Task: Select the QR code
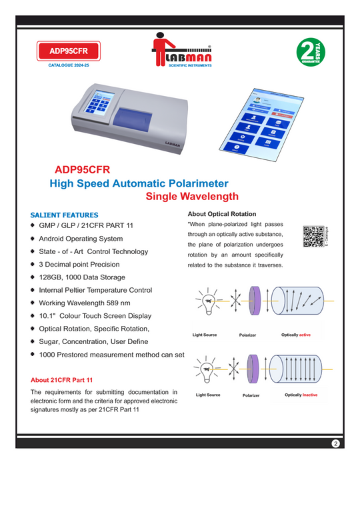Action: coord(313,237)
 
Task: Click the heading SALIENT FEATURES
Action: coord(65,215)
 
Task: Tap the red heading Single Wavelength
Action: coord(191,197)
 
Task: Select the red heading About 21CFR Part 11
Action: coord(62,380)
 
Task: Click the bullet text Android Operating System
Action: coord(81,239)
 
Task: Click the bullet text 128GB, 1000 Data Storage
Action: coord(82,277)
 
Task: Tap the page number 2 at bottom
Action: coord(336,443)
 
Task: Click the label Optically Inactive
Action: coord(301,395)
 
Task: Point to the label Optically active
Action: coord(296,334)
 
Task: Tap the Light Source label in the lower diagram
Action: coord(208,395)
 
